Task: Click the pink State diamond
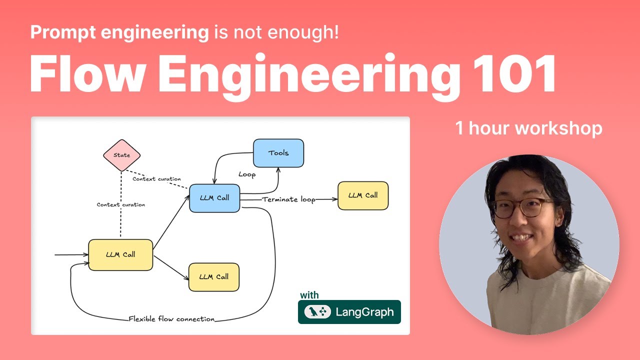[x=121, y=155]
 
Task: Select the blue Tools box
[x=278, y=153]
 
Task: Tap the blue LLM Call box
[x=214, y=198]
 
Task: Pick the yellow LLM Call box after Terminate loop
[x=363, y=195]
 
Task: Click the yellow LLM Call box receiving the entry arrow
[x=120, y=254]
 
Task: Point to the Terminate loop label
[x=289, y=199]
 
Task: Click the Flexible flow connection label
[x=171, y=319]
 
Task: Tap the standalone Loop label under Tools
[x=247, y=174]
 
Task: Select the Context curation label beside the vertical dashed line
[x=121, y=204]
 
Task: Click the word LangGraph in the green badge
[x=364, y=312]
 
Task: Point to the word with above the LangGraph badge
[x=309, y=295]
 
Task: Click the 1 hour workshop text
[x=528, y=128]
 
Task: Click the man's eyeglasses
[x=523, y=207]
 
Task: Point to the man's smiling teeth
[x=521, y=237]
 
